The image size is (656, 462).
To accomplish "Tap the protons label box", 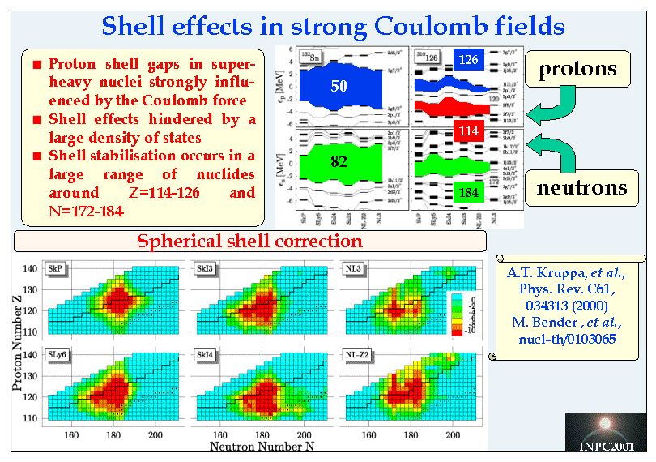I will pyautogui.click(x=577, y=69).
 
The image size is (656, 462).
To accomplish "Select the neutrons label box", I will pyautogui.click(x=582, y=188).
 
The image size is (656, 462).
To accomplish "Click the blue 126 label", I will pyautogui.click(x=468, y=59).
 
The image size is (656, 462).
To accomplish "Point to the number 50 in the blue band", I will pyautogui.click(x=339, y=86).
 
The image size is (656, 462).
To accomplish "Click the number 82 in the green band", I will pyautogui.click(x=339, y=162).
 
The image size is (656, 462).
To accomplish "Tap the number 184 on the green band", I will pyautogui.click(x=469, y=192).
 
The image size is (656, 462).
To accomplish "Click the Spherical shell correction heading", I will pyautogui.click(x=249, y=242).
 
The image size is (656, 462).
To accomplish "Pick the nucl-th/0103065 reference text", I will pyautogui.click(x=567, y=338).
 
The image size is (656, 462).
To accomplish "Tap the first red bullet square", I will pyautogui.click(x=36, y=65).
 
